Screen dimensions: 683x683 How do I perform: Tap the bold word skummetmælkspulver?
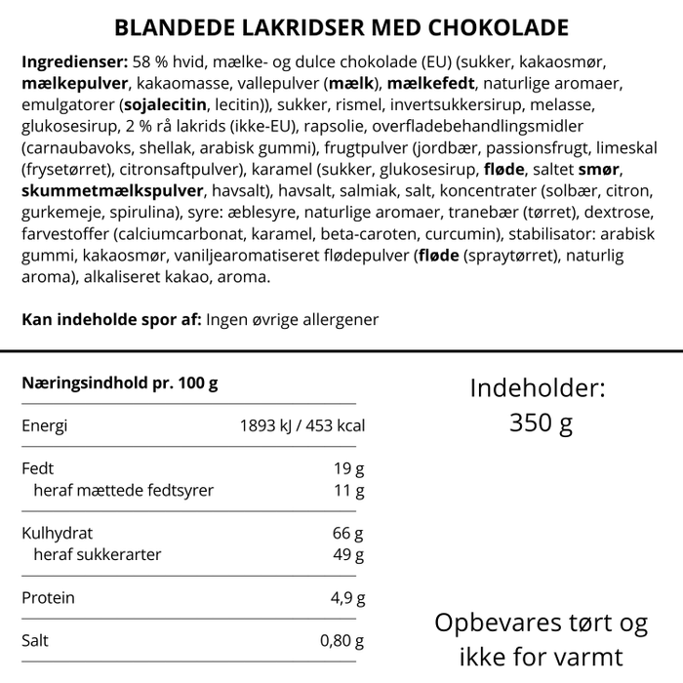pos(113,191)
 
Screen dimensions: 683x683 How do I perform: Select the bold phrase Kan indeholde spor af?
pos(111,320)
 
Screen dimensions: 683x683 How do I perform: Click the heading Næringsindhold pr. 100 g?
pos(119,383)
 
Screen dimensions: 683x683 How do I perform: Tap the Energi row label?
pos(45,426)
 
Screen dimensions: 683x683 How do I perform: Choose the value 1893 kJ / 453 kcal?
pos(301,426)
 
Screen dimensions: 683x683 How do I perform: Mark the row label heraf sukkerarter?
pos(97,555)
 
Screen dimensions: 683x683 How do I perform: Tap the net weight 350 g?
pos(541,423)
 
